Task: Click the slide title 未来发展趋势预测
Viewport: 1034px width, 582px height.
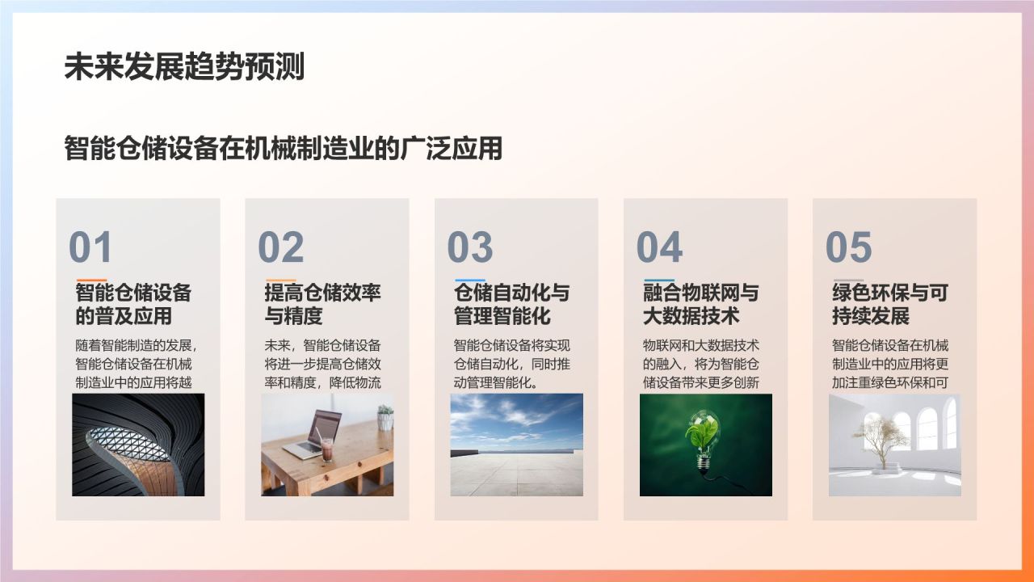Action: pyautogui.click(x=184, y=67)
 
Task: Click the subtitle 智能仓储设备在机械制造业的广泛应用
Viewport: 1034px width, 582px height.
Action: pyautogui.click(x=283, y=148)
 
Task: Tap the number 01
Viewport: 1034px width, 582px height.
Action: pyautogui.click(x=90, y=247)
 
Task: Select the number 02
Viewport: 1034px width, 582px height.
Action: pyautogui.click(x=280, y=247)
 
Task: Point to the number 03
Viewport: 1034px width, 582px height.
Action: pyautogui.click(x=470, y=247)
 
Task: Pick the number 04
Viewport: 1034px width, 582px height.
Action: pyautogui.click(x=659, y=247)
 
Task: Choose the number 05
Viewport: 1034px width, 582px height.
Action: pyautogui.click(x=848, y=247)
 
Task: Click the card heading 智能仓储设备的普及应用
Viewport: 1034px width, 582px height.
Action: pyautogui.click(x=133, y=305)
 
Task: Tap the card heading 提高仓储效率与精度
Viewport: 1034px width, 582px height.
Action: pyautogui.click(x=322, y=305)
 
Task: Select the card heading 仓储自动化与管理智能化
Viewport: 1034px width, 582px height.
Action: pyautogui.click(x=512, y=305)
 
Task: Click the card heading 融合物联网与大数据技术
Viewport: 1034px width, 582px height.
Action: pyautogui.click(x=701, y=305)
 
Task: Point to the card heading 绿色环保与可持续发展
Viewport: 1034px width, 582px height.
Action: pyautogui.click(x=890, y=305)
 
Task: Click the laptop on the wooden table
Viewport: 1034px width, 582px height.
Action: pyautogui.click(x=313, y=435)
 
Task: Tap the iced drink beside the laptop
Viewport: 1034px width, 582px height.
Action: pyautogui.click(x=327, y=449)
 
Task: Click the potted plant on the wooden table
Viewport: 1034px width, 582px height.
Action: pyautogui.click(x=385, y=417)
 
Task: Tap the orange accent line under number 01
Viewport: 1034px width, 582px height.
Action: pyautogui.click(x=91, y=280)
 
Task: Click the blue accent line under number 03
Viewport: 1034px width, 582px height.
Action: pyautogui.click(x=470, y=280)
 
